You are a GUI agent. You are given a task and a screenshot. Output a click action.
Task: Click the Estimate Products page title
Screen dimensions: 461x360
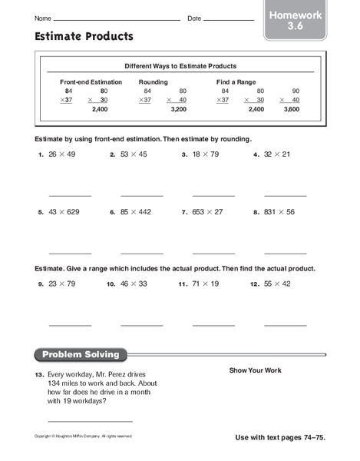tap(84, 36)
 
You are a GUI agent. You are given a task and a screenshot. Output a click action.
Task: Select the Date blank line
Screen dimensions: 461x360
tap(229, 18)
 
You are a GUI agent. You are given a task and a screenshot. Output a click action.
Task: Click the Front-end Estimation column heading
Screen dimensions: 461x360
tap(91, 81)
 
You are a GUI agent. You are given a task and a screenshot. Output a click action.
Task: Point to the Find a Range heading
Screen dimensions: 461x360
tap(236, 81)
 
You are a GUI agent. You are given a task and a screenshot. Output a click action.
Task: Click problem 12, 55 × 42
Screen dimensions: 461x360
tap(275, 284)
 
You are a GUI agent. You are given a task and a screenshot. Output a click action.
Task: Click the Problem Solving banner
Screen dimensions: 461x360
tap(81, 355)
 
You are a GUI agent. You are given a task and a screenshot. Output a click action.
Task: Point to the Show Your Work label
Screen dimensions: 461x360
tap(255, 370)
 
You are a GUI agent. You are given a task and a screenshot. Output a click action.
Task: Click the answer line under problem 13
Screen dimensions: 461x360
tap(90, 421)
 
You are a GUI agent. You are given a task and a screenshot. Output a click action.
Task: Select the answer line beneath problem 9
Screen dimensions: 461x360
tap(69, 326)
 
